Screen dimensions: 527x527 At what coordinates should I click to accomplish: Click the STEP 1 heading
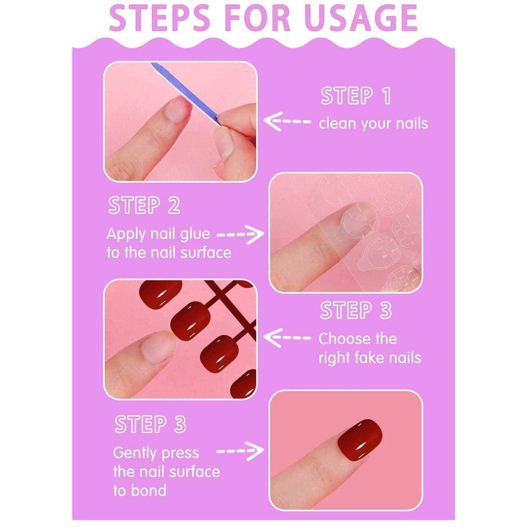(356, 96)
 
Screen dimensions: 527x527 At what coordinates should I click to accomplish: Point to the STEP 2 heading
(144, 205)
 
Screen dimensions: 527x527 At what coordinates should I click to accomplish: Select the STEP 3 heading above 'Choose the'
(356, 311)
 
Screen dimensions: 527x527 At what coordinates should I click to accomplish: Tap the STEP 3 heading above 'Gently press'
(150, 424)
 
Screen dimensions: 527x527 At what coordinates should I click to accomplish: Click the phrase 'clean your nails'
(373, 124)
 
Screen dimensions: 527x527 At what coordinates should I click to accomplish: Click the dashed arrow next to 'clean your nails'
(287, 122)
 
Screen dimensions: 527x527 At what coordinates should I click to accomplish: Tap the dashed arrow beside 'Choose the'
(287, 338)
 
